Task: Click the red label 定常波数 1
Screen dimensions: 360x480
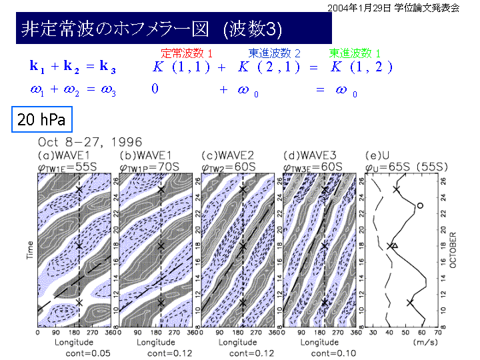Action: pos(187,52)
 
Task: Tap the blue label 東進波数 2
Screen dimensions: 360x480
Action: pos(275,52)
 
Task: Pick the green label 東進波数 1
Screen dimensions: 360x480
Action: pos(355,52)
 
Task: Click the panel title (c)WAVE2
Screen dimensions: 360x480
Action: pos(227,155)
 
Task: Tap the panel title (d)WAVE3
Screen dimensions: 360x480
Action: pos(309,155)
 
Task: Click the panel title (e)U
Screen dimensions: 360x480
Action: pos(377,155)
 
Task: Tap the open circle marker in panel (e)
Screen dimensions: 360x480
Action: pos(419,205)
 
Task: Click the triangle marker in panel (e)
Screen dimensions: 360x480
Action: pos(394,245)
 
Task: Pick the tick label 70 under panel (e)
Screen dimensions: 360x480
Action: pos(437,333)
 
